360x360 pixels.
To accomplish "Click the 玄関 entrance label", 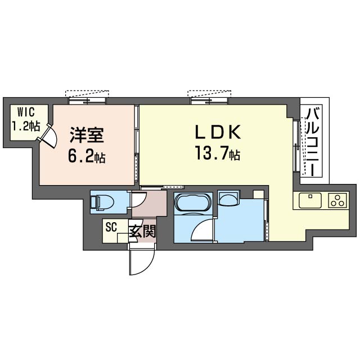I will click(142, 231).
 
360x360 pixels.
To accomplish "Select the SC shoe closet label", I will click(110, 228).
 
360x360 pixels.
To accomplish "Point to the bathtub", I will click(193, 204).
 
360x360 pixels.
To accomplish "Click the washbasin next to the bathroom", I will click(229, 198).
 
